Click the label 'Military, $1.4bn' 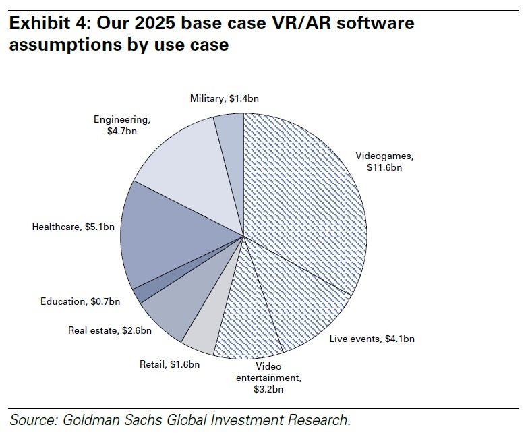[224, 98]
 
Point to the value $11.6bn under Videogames [384, 167]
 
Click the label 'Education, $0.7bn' [80, 301]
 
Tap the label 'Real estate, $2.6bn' [109, 330]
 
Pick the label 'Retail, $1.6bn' [169, 364]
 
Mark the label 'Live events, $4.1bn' [372, 339]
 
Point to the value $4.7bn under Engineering [121, 131]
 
